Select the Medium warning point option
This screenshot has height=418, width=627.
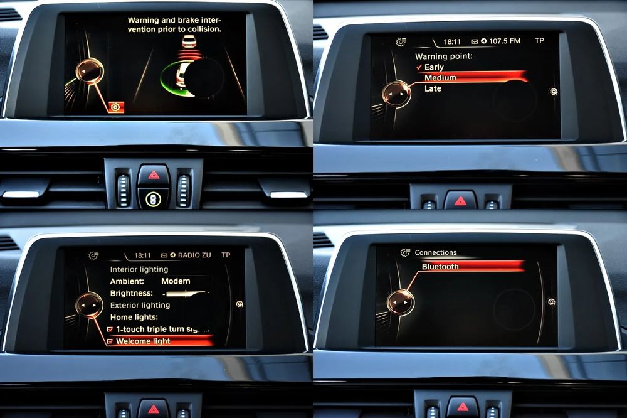pos(440,78)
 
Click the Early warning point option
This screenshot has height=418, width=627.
pos(434,67)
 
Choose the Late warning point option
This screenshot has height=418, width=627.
pos(433,88)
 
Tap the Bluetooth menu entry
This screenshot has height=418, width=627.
pos(440,267)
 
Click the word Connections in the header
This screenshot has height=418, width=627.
pos(436,253)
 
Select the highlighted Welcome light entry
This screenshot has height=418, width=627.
pos(143,341)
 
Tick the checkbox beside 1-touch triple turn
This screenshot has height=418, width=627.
pos(110,329)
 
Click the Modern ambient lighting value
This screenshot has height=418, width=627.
pos(176,281)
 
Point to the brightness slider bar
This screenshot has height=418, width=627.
pos(186,294)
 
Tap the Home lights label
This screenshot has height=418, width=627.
pos(134,317)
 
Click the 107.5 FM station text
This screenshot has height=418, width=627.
pos(505,41)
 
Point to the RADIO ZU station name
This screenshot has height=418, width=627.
pos(194,255)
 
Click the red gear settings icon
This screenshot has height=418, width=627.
pos(117,107)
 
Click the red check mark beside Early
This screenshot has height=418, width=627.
pos(419,67)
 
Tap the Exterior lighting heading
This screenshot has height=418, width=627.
pos(140,305)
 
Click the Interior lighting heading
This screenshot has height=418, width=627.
pos(139,269)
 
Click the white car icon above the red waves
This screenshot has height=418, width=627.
pos(188,41)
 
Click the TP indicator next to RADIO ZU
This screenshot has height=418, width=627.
pos(226,255)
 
